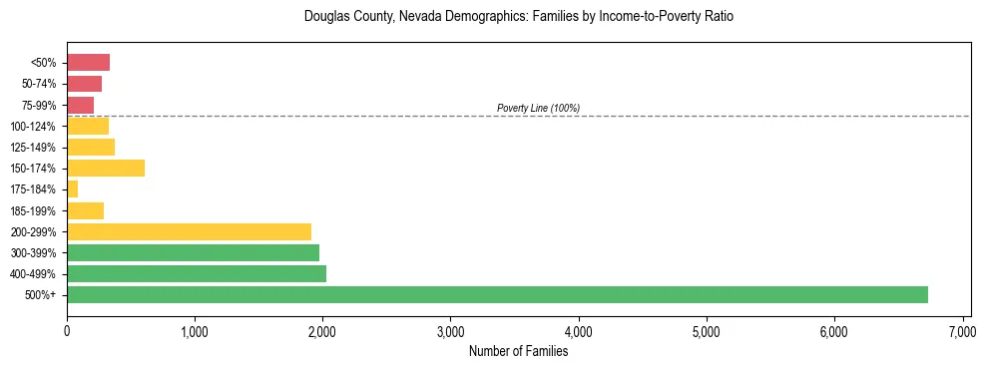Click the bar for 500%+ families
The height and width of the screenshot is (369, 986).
497,294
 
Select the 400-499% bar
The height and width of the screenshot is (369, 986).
197,273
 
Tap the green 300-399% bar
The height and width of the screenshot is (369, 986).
193,252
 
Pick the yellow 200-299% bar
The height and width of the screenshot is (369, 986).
189,231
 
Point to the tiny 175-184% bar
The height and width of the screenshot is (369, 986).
72,188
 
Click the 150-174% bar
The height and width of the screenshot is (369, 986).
106,168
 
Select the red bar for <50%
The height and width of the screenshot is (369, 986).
88,62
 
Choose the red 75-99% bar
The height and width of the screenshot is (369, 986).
80,105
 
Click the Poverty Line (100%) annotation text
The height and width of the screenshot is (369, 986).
538,108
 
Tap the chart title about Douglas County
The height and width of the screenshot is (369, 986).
518,17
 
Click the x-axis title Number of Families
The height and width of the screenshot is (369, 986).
518,351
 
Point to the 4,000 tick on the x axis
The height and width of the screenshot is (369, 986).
579,331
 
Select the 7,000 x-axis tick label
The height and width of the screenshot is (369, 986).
962,331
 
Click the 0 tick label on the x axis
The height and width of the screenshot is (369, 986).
67,331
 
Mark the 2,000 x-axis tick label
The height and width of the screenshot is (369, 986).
322,331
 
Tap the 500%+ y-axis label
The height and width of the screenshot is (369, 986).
40,295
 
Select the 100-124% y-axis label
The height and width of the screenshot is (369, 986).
33,126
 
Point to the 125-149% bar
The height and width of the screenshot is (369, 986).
91,147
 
